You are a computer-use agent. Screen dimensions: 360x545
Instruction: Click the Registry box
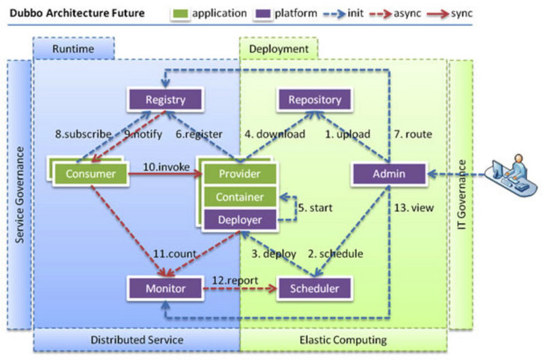click(166, 100)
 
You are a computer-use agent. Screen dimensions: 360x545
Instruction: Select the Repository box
click(314, 100)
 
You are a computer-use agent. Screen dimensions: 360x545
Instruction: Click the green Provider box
click(239, 174)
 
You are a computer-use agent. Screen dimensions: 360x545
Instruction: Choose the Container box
click(239, 197)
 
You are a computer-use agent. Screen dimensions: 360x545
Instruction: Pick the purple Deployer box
click(239, 220)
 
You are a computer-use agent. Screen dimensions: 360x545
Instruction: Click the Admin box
click(388, 174)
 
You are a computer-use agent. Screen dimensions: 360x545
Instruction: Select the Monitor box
click(166, 288)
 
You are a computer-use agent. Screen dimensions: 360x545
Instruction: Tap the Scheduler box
click(314, 288)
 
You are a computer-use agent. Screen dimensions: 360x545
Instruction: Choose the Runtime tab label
click(73, 48)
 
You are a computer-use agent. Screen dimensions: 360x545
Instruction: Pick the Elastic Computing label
click(343, 339)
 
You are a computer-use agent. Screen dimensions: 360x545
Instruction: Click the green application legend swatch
click(182, 12)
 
